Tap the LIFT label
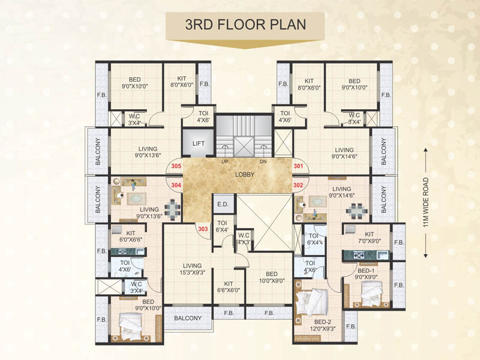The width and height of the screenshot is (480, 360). point(199,144)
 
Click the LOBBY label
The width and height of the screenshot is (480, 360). point(245,175)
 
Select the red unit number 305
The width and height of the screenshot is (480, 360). point(176,166)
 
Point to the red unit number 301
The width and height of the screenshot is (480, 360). point(298,166)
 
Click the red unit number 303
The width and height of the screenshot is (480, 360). point(203,228)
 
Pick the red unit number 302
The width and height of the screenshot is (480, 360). point(298,186)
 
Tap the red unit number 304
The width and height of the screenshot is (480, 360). point(176,186)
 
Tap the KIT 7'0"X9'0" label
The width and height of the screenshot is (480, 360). point(369,238)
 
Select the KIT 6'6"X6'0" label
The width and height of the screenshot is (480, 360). point(228,286)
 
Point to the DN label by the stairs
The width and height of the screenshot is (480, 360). point(262,162)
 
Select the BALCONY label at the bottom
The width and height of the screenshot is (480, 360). point(188,317)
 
